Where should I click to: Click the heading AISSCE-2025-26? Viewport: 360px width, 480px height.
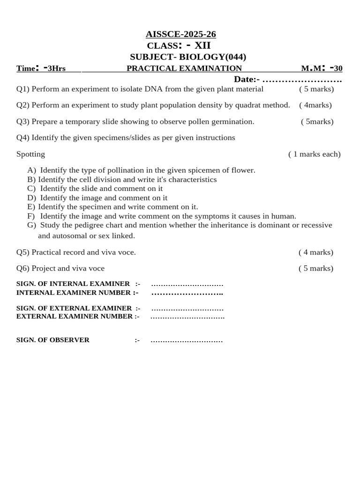(180, 34)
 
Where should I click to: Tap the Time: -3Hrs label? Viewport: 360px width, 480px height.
(41, 68)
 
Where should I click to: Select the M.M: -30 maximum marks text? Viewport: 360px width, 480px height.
(322, 68)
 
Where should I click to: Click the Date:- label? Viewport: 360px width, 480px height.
(247, 79)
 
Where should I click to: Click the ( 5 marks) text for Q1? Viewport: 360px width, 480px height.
(316, 89)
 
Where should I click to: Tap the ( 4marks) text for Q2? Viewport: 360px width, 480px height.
(315, 105)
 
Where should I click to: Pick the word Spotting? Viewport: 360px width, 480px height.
(30, 154)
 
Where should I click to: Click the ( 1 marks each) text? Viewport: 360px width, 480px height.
(314, 154)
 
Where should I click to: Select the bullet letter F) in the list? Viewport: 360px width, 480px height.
(31, 216)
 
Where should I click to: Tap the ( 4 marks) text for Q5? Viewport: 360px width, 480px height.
(316, 252)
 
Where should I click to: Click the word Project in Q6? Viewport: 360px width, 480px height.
(44, 268)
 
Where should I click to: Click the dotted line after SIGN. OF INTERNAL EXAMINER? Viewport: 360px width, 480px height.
(187, 284)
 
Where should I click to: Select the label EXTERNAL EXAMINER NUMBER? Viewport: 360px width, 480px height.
(75, 316)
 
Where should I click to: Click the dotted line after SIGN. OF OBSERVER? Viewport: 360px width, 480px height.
(187, 340)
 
